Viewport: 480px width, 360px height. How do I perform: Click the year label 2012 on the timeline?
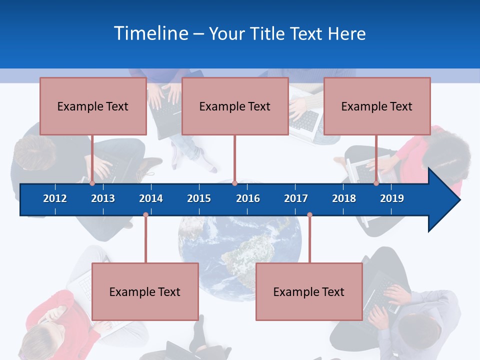(x=55, y=198)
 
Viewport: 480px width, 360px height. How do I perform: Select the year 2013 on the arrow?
(x=103, y=198)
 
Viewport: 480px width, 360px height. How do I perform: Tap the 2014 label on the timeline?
(x=151, y=198)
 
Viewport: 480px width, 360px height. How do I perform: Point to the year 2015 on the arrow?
(x=199, y=198)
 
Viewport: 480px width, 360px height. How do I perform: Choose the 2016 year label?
(x=248, y=198)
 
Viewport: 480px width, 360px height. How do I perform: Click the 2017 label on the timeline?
(x=296, y=198)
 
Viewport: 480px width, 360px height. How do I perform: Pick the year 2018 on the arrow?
(x=344, y=198)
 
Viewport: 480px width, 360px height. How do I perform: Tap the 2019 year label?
(x=392, y=198)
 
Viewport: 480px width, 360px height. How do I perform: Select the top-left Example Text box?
(x=93, y=106)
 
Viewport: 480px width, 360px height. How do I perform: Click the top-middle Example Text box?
(x=235, y=106)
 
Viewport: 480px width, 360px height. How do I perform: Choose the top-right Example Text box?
(x=377, y=106)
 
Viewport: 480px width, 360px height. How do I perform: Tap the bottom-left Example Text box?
(x=145, y=292)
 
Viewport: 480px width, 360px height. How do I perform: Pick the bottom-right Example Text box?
(x=309, y=292)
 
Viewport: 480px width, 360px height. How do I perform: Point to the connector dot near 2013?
(x=92, y=183)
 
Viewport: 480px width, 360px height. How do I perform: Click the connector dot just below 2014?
(x=145, y=215)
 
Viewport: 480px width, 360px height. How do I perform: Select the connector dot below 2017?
(x=309, y=215)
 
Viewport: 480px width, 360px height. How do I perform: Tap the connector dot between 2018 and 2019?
(x=376, y=183)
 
